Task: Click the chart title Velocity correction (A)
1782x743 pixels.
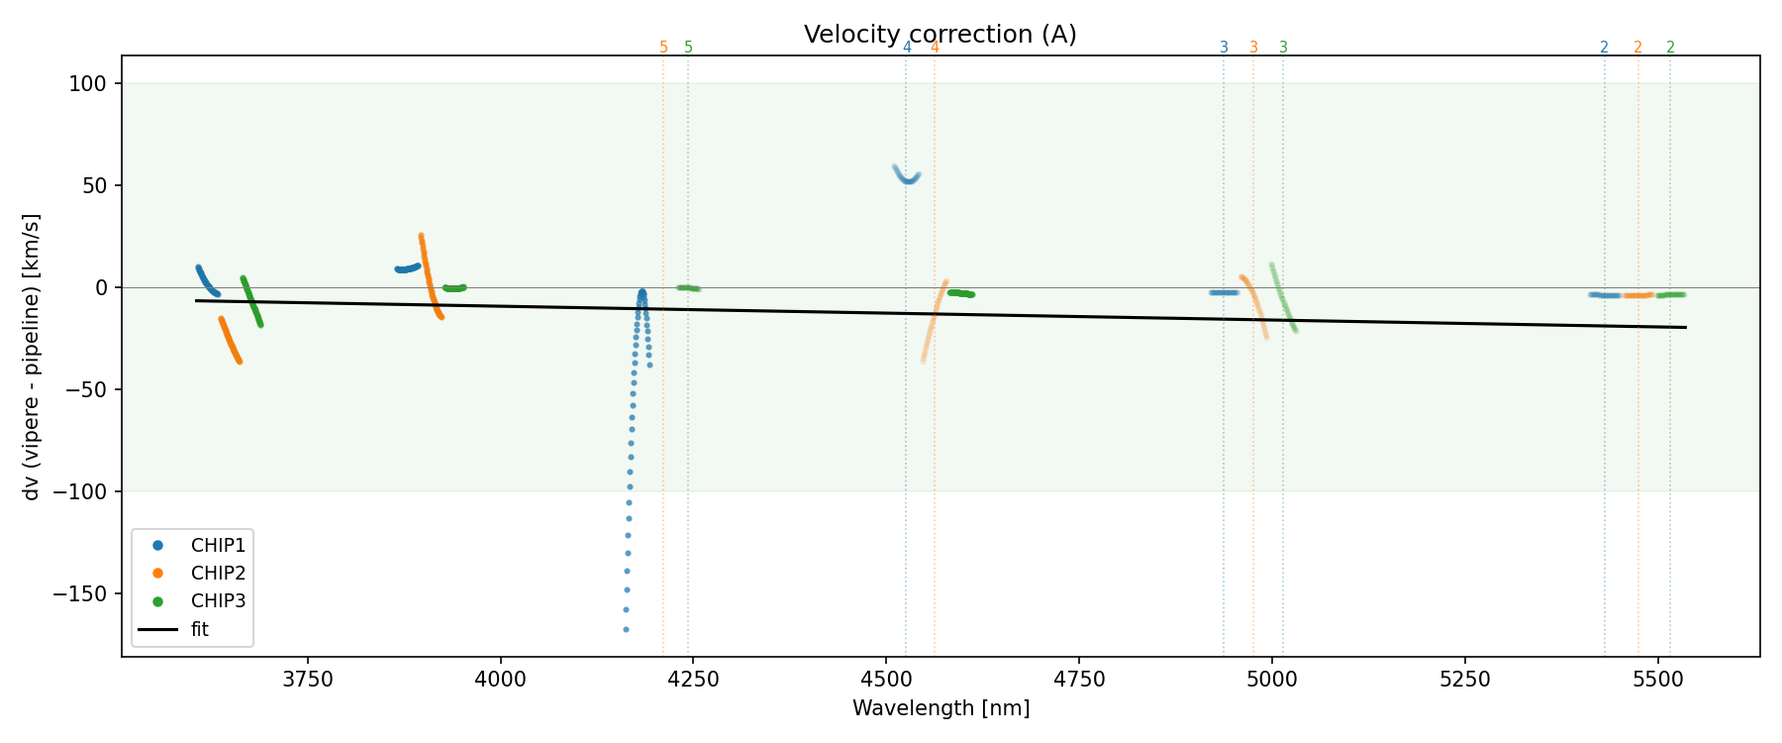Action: click(x=940, y=35)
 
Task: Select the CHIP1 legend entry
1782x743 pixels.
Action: click(x=218, y=545)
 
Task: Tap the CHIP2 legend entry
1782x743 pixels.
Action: click(x=218, y=573)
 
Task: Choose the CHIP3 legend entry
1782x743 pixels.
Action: click(x=218, y=600)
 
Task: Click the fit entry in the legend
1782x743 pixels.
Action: click(x=200, y=629)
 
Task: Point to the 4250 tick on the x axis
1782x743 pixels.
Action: click(x=693, y=679)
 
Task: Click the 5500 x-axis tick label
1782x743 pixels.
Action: click(x=1657, y=679)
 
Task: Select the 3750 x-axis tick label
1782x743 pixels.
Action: click(x=308, y=679)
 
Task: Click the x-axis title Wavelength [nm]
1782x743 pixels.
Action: click(x=940, y=708)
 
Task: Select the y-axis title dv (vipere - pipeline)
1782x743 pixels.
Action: click(x=32, y=357)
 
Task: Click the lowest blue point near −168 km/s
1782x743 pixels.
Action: click(x=626, y=629)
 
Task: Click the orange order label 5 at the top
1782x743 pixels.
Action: click(x=663, y=48)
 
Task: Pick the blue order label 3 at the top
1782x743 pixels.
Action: click(x=1224, y=48)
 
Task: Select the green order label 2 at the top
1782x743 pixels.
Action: click(x=1670, y=48)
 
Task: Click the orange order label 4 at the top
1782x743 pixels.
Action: click(x=935, y=48)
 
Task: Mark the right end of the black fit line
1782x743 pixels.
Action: click(x=1685, y=327)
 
